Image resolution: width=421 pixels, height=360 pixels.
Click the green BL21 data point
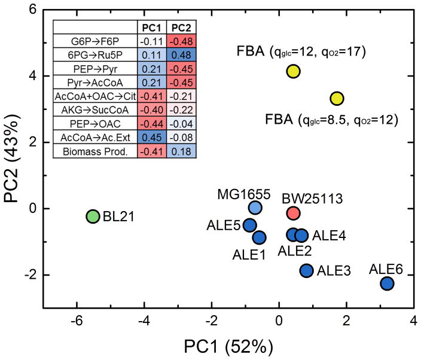92,216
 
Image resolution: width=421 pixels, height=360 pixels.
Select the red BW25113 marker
293,212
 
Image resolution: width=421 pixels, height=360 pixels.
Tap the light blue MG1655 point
255,208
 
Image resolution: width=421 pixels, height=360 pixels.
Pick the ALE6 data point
387,283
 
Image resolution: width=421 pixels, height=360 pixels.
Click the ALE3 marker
306,270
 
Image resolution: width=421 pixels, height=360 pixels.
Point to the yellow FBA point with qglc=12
293,71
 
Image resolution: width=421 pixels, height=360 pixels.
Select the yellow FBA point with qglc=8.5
337,98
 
